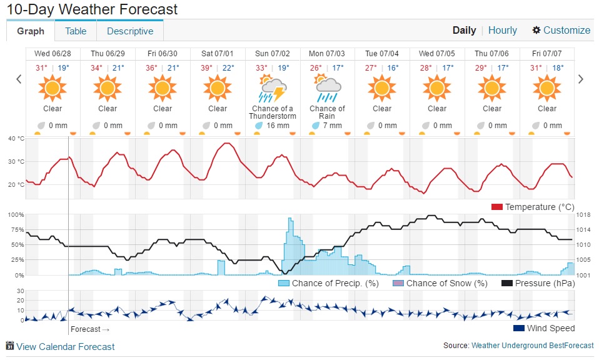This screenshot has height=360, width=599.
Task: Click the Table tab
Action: coord(76,31)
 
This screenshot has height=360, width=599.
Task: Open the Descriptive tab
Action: coord(129,31)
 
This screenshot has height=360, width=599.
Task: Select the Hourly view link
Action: coord(502,30)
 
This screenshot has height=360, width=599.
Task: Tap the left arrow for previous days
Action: coord(19,79)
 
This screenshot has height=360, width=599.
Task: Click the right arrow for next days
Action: coord(581,79)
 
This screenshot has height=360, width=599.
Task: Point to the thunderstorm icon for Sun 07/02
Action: coord(273,89)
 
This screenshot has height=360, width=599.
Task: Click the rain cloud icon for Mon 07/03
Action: coord(327,89)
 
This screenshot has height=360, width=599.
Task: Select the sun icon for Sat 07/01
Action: coord(218,87)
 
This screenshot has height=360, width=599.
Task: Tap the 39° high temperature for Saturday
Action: coord(206,68)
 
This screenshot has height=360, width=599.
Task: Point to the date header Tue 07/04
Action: coord(382,54)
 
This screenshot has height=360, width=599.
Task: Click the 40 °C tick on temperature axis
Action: coord(16,138)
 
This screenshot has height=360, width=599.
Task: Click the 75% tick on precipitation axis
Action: coord(16,229)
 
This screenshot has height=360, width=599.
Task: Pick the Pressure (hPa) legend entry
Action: coord(538,283)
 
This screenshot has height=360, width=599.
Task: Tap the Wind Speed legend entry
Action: coord(543,328)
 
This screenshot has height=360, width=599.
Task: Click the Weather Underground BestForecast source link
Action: coord(532,345)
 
